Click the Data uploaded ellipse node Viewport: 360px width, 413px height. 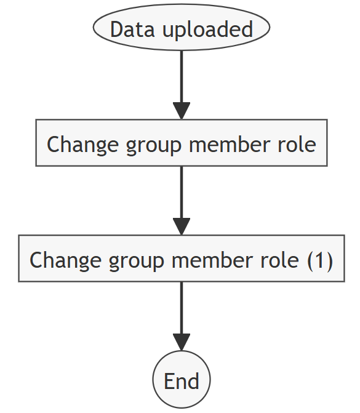[x=182, y=27]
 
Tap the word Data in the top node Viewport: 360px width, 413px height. [x=132, y=29]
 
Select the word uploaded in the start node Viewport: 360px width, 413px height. [x=208, y=30]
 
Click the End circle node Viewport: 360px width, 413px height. [x=182, y=379]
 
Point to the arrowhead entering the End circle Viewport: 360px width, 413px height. [x=182, y=342]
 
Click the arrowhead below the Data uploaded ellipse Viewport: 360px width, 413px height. [x=182, y=111]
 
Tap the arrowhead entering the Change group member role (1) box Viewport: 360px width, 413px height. [x=182, y=227]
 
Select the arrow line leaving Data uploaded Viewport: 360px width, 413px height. [x=182, y=85]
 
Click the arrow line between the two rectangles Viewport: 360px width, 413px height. [x=182, y=201]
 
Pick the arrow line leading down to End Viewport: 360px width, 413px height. [x=182, y=316]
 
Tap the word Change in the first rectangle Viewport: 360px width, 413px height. [x=82, y=145]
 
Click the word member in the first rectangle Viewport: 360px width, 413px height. [x=230, y=145]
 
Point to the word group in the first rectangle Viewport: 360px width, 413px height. [x=154, y=146]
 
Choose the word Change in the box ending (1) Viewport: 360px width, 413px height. [x=66, y=261]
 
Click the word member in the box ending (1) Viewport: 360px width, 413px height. [x=212, y=260]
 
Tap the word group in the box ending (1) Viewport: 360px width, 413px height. [x=137, y=262]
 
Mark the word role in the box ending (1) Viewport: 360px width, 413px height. [x=279, y=260]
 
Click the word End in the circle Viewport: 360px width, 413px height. [x=182, y=381]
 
